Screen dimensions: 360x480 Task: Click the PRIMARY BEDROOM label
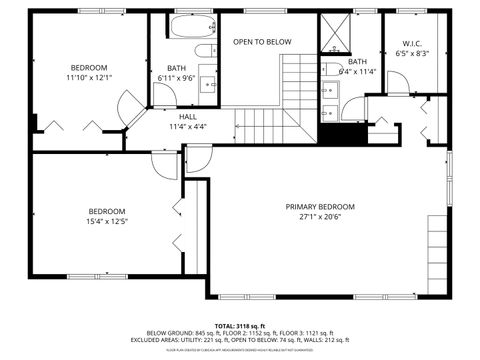(320, 207)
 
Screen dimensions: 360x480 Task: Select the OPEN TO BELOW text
(262, 42)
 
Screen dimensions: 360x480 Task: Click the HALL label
(188, 117)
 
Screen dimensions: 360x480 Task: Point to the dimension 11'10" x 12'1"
(89, 77)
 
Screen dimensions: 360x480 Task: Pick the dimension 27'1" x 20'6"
(320, 217)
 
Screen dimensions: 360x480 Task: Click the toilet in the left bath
(203, 51)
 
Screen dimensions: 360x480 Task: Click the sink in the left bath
(208, 83)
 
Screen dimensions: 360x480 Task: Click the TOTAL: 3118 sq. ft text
(240, 325)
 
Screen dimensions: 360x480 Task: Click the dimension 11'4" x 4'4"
(188, 127)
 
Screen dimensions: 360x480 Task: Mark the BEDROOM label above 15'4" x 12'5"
(106, 211)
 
